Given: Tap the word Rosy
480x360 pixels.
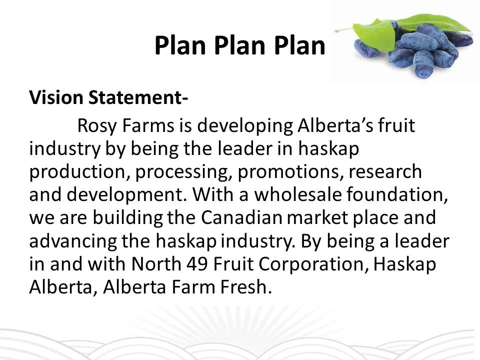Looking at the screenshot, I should pyautogui.click(x=96, y=126).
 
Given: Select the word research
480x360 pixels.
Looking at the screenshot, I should pyautogui.click(x=385, y=171).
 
